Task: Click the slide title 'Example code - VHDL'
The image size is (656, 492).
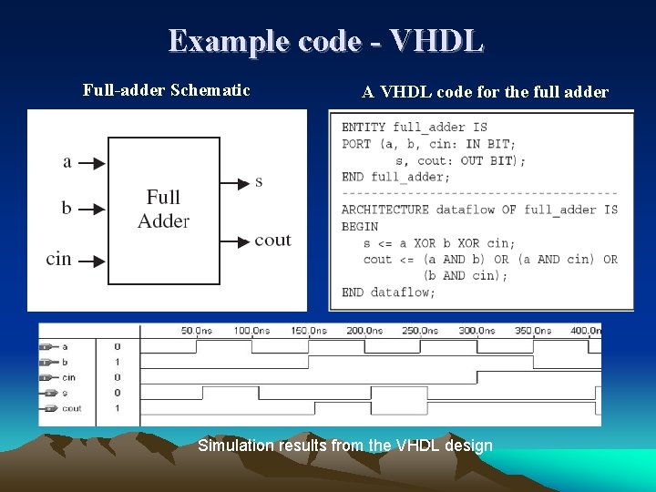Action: coord(326,41)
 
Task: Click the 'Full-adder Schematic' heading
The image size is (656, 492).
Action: coord(166,90)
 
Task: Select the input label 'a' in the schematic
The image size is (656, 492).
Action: coord(67,162)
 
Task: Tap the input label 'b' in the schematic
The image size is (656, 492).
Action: coord(67,209)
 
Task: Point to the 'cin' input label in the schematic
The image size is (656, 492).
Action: coord(59,259)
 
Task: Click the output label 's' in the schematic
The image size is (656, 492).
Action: coord(259,181)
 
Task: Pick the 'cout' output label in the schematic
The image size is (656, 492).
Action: coord(272,240)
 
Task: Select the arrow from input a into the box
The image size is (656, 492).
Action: coord(92,163)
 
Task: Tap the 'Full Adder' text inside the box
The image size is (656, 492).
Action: coord(164,209)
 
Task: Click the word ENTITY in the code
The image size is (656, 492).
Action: coord(364,128)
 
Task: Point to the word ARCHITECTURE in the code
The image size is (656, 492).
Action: coord(384,210)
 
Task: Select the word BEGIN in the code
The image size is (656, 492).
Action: coord(360,226)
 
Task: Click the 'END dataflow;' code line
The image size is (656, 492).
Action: coord(388,292)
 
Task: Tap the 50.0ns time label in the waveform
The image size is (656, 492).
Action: coord(196,331)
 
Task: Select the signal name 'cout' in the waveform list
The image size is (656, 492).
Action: coord(72,408)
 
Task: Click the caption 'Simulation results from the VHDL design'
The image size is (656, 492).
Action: coord(345,446)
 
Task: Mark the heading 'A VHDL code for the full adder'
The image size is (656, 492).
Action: coord(485,92)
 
